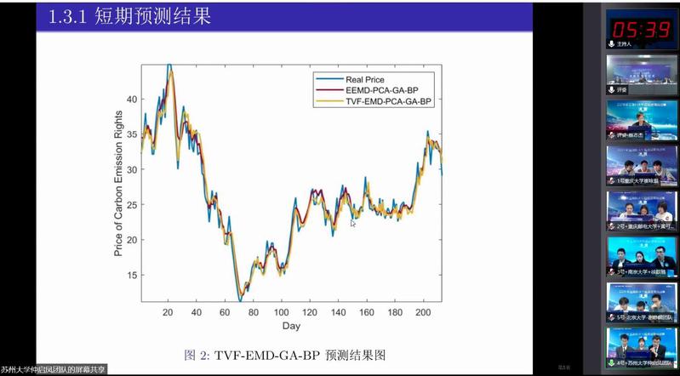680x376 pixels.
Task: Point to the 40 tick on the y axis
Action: [x=130, y=99]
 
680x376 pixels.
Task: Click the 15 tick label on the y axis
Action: [x=130, y=275]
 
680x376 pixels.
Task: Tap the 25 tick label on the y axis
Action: [x=130, y=204]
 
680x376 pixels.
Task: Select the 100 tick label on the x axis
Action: [x=280, y=312]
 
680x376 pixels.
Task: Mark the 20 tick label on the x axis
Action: [x=169, y=312]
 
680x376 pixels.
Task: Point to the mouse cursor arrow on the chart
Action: [x=353, y=224]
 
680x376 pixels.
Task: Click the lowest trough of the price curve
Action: [x=240, y=300]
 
